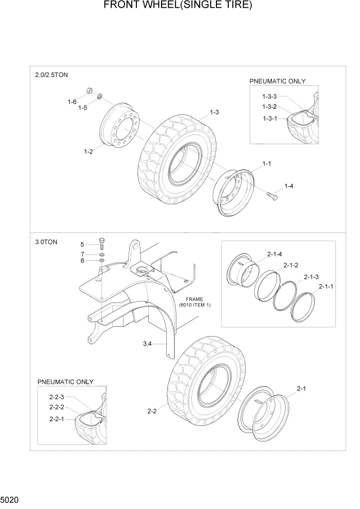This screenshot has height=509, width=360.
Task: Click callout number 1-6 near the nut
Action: [x=72, y=102]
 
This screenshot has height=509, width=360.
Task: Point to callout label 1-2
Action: [x=88, y=151]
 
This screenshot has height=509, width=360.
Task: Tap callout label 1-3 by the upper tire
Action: [x=214, y=112]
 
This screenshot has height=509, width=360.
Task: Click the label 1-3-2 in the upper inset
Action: [x=269, y=107]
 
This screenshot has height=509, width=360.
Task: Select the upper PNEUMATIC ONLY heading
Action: [x=277, y=81]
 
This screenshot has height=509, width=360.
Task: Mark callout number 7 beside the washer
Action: [x=82, y=254]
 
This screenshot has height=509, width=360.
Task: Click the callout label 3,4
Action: [x=147, y=344]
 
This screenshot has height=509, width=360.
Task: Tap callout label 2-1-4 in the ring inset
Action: [x=274, y=253]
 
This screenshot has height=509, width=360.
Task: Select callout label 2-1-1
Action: [x=326, y=286]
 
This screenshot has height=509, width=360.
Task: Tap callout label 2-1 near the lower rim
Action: [x=302, y=389]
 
